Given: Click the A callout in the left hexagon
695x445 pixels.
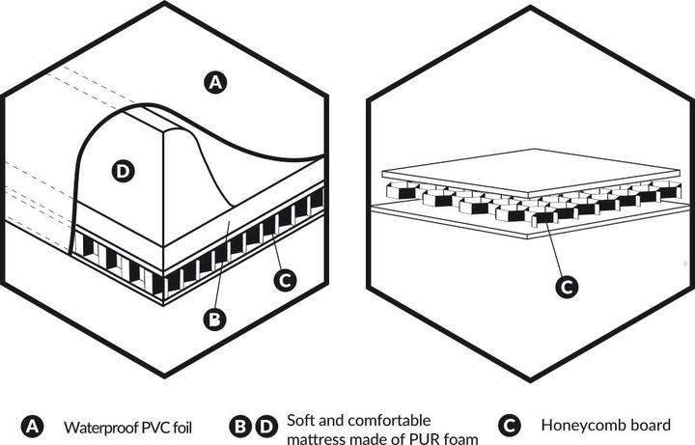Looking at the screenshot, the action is [215, 82].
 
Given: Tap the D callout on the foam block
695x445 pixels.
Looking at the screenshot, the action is [123, 172].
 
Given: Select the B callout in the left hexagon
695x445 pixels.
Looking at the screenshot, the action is [214, 320].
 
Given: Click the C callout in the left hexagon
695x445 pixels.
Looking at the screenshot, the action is [285, 280].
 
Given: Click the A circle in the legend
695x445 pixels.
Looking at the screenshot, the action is [32, 427].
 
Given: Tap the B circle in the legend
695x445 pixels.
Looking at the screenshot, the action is [240, 427].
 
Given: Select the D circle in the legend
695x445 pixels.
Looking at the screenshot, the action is [266, 427].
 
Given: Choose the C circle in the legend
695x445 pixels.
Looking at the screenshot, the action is [510, 427].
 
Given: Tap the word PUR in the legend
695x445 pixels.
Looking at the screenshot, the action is [424, 439].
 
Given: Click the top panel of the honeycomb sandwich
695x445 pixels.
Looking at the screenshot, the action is [531, 173].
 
